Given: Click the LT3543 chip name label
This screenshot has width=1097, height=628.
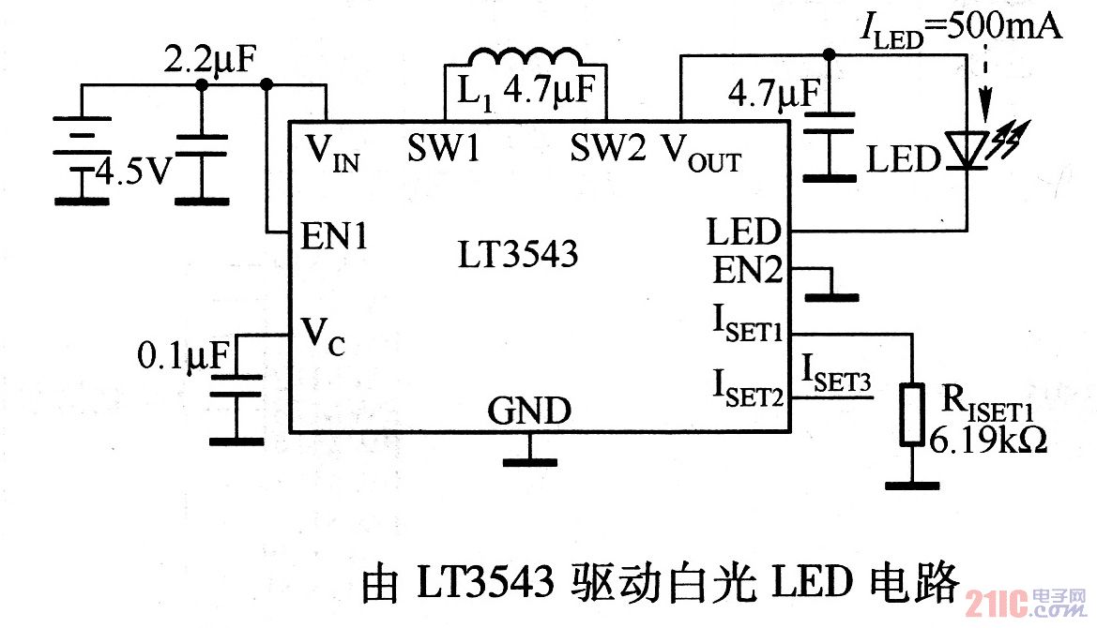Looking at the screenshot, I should [x=518, y=255].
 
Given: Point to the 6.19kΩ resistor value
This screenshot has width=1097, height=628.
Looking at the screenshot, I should [x=987, y=439].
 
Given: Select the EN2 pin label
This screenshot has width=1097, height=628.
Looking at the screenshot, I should [x=746, y=272].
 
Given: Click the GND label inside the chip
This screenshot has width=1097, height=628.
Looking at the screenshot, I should [x=528, y=411].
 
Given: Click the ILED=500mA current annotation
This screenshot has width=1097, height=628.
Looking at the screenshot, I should [x=961, y=27].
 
